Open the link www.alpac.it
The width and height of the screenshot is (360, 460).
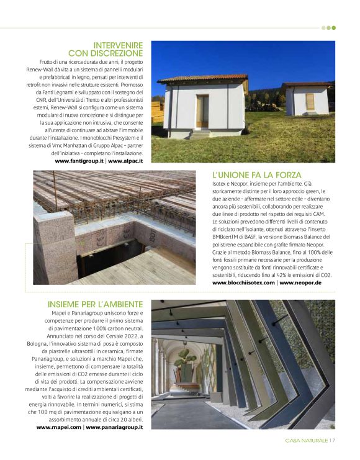pyautogui.click(x=125, y=161)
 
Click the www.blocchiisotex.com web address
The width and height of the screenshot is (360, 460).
pyautogui.click(x=243, y=282)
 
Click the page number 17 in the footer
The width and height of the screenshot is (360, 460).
pyautogui.click(x=333, y=441)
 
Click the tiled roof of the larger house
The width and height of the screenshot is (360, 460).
pyautogui.click(x=202, y=79)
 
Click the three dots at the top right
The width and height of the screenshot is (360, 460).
pyautogui.click(x=328, y=27)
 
